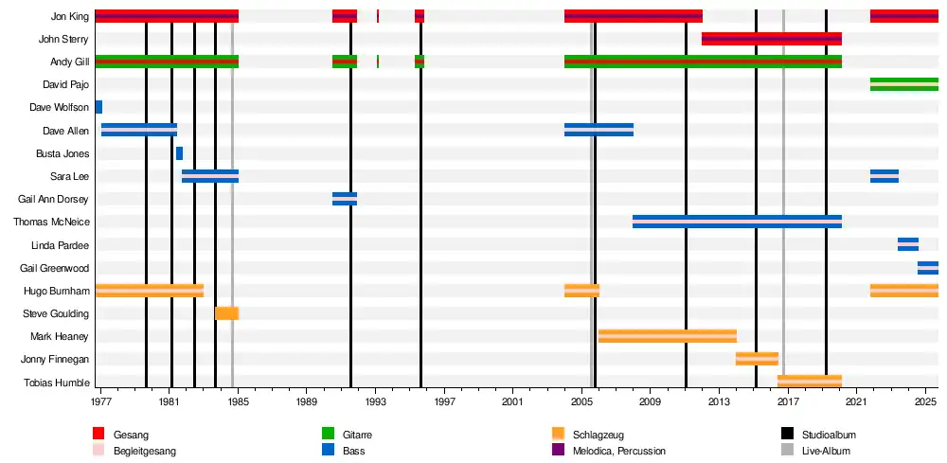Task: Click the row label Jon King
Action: pos(70,16)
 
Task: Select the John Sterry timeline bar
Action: pos(771,39)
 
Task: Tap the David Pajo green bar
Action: pos(903,84)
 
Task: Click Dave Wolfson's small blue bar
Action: pos(98,107)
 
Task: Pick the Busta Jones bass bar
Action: pos(179,153)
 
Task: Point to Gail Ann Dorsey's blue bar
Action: pos(345,199)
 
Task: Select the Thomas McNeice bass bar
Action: pos(737,222)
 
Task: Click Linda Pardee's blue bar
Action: pos(907,244)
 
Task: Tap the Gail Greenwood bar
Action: pos(927,268)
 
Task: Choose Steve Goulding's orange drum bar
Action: pos(226,313)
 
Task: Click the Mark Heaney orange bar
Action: pos(667,336)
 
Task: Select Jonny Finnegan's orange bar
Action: pos(757,359)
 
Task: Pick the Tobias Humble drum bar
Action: pos(809,382)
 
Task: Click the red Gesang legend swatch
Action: pos(98,435)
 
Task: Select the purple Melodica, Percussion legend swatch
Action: pos(558,451)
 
